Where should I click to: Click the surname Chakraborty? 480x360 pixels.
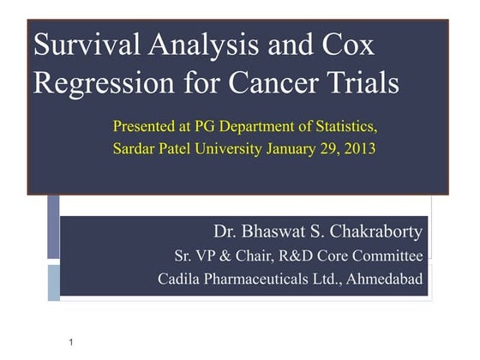point(375,231)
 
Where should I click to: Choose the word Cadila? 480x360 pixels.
point(180,279)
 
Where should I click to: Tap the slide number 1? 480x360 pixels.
point(71,343)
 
